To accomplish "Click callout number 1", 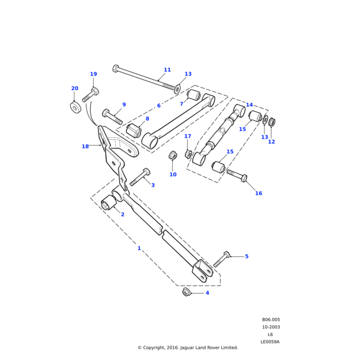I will click(x=139, y=248).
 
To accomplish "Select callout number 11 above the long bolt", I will click(x=167, y=70).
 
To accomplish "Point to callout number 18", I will click(x=85, y=146).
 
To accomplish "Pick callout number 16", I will click(x=259, y=193).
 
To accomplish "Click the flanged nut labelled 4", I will click(x=187, y=292).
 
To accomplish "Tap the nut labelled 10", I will click(x=172, y=156).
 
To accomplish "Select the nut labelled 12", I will click(x=271, y=122).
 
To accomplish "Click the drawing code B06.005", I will click(x=271, y=320).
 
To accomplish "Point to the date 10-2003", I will click(x=271, y=327).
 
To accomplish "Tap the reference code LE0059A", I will click(x=271, y=341).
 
